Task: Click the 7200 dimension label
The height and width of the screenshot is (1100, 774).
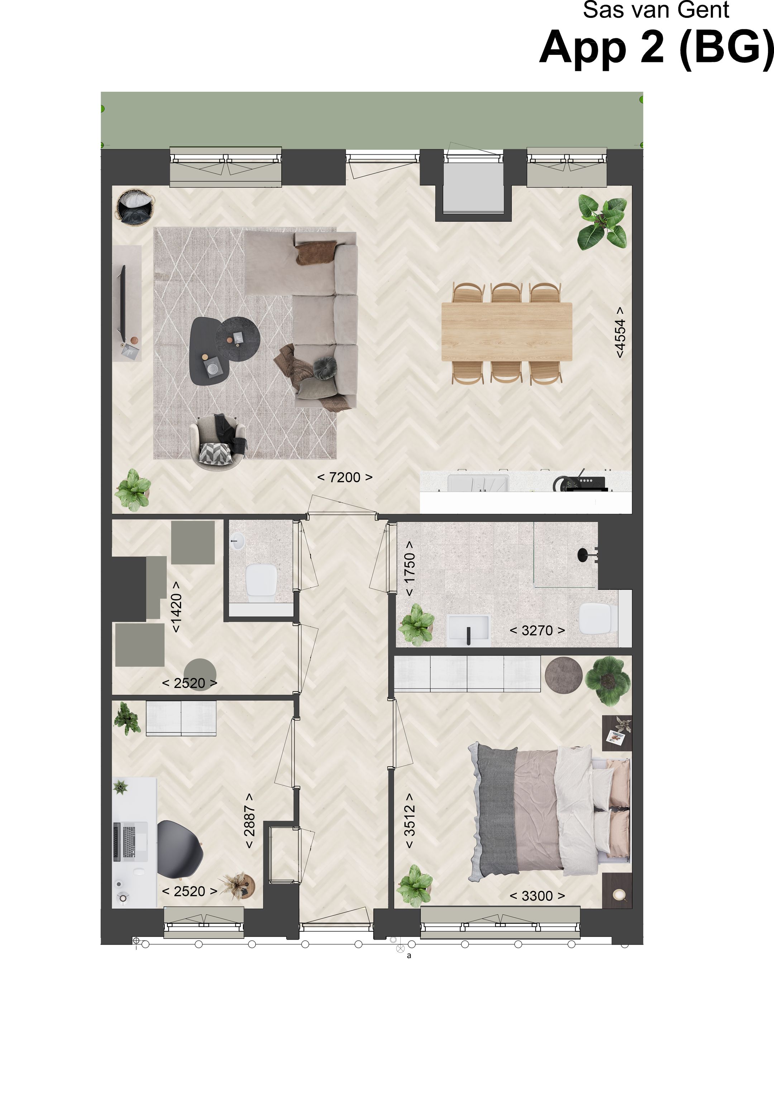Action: [x=345, y=477]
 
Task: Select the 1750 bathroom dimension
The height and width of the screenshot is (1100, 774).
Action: [x=409, y=568]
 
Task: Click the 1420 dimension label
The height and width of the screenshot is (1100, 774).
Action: [x=176, y=607]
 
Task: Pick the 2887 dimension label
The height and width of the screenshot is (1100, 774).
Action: [x=249, y=821]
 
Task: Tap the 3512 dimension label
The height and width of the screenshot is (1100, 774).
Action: [x=409, y=821]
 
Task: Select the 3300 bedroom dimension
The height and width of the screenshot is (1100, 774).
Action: [x=537, y=896]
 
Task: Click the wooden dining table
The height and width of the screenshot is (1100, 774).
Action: [x=507, y=332]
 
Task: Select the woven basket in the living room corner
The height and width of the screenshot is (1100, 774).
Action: [x=136, y=206]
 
